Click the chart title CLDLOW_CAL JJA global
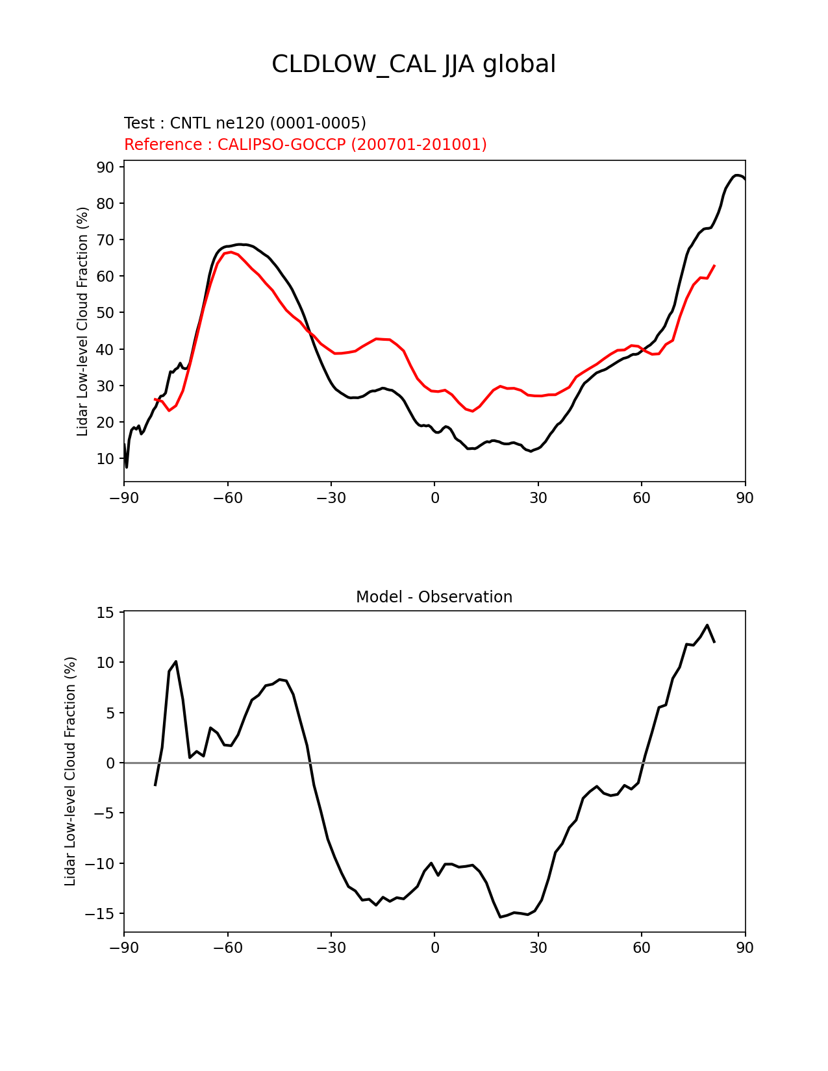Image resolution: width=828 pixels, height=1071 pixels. point(414,64)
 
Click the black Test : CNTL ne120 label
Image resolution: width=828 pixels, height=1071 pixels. point(245,123)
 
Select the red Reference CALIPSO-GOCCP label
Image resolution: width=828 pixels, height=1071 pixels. point(305,144)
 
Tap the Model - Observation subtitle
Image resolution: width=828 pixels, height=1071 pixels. point(434,597)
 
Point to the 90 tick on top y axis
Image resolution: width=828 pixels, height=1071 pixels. point(105,167)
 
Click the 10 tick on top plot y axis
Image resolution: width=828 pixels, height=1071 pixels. point(105,459)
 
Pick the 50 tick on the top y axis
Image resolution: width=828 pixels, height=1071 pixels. point(105,313)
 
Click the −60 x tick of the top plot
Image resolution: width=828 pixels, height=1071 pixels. point(227,498)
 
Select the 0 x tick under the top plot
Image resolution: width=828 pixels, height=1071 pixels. point(434,498)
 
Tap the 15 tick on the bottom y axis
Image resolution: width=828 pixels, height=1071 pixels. point(105,613)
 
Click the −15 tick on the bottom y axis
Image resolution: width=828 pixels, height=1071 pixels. point(101,913)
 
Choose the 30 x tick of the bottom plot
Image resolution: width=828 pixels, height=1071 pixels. point(538,948)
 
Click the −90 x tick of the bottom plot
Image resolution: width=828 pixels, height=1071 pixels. point(124,948)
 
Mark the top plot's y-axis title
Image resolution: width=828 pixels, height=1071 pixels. point(82,321)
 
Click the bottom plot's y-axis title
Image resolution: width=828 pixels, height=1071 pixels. point(70,771)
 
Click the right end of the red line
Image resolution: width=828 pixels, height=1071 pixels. point(714,265)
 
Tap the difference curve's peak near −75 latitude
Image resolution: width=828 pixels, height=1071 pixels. point(176,661)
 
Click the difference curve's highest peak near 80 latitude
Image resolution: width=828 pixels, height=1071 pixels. point(707,625)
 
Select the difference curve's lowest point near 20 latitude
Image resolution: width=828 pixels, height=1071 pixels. point(501,917)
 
